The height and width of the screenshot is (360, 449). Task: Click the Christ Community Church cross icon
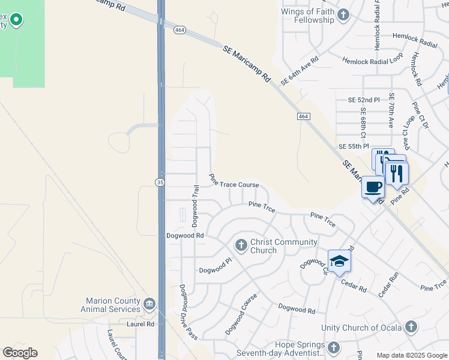click(x=241, y=245)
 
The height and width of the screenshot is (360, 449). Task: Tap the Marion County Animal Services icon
click(x=149, y=305)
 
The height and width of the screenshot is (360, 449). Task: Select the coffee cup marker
click(x=373, y=187)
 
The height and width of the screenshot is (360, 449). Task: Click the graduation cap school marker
click(x=339, y=261)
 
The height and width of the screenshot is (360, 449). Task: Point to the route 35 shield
click(x=158, y=182)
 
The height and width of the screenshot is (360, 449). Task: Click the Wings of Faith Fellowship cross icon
click(x=343, y=15)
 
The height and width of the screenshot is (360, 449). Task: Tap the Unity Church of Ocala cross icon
click(x=411, y=327)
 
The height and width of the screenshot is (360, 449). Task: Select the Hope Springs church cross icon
click(x=334, y=348)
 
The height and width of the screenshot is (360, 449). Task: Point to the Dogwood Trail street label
click(x=195, y=206)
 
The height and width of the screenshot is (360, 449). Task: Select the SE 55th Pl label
click(x=353, y=146)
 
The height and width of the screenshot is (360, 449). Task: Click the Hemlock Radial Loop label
click(x=373, y=61)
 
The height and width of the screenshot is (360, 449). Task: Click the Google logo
click(x=20, y=353)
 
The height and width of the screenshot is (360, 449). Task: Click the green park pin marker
click(x=16, y=21)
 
